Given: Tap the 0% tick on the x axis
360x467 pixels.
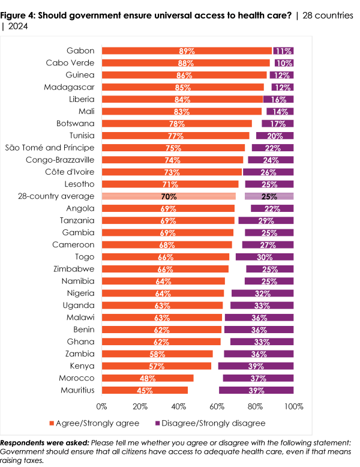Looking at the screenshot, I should pyautogui.click(x=102, y=406).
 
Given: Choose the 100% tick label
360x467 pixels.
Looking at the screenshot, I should pyautogui.click(x=293, y=406).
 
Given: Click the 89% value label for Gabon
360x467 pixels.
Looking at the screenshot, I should pyautogui.click(x=187, y=51).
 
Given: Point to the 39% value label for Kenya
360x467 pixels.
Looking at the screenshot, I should pyautogui.click(x=256, y=366).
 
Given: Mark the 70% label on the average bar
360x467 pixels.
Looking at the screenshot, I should pyautogui.click(x=168, y=196).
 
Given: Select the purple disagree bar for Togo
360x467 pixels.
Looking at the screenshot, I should pyautogui.click(x=265, y=257).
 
